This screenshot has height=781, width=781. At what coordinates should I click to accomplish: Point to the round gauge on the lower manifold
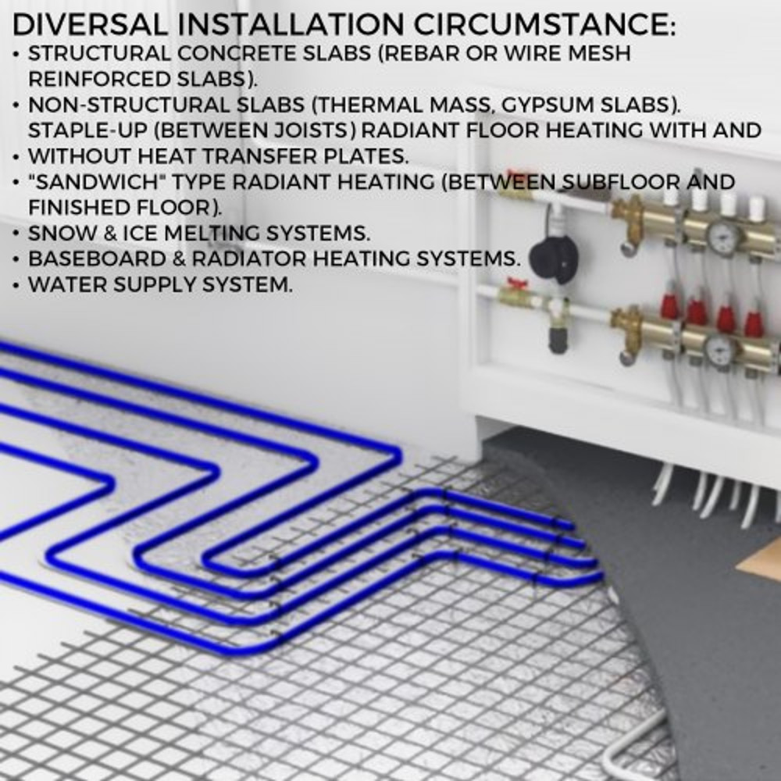[x=719, y=349]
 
